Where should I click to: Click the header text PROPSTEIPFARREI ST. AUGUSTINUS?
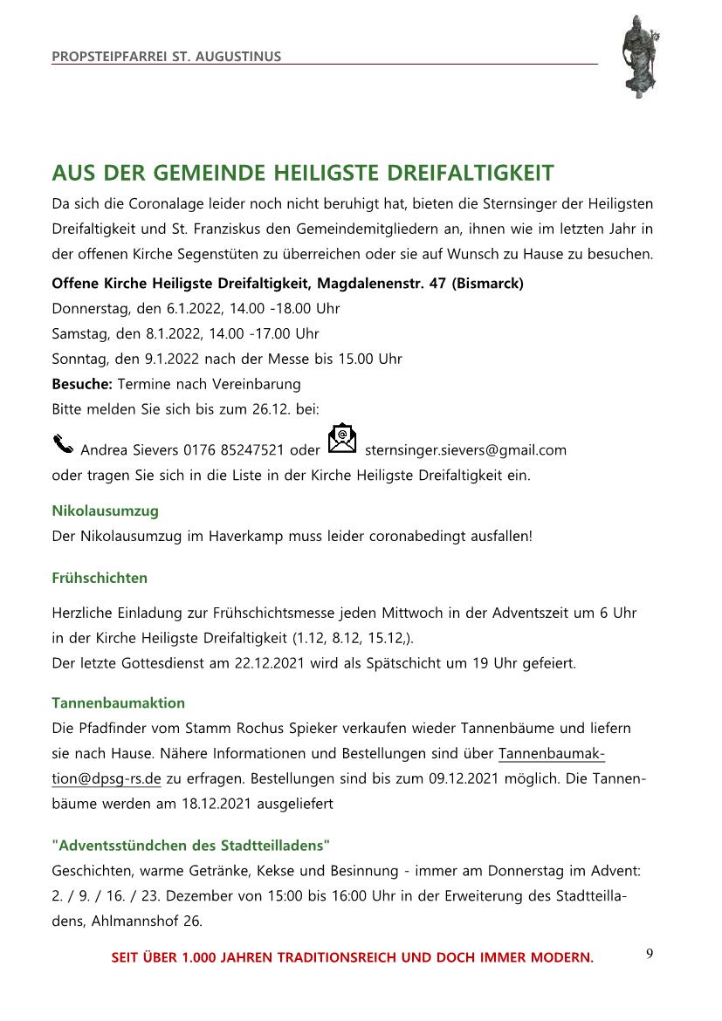167,57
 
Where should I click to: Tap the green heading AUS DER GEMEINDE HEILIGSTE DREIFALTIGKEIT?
302,173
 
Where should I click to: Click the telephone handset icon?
63,444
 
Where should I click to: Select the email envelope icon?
342,439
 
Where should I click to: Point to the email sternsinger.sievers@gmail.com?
465,450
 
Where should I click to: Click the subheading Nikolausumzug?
105,510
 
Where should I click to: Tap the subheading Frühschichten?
100,578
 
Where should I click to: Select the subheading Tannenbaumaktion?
118,702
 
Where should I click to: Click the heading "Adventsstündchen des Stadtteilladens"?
191,846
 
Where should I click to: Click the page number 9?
650,953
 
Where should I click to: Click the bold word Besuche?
82,384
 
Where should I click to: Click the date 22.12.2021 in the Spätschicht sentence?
269,663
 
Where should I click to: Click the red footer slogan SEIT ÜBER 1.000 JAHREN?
352,958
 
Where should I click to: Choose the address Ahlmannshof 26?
147,921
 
